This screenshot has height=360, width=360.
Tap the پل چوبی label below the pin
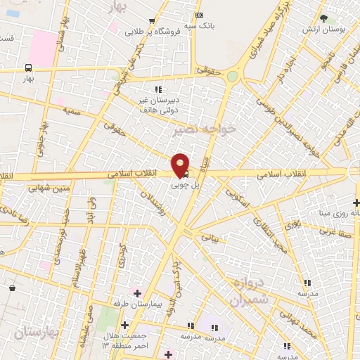click(x=186, y=186)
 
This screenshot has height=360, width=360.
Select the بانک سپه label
click(x=200, y=26)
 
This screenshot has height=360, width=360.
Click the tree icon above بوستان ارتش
click(x=323, y=18)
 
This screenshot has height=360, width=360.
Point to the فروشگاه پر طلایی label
click(x=150, y=32)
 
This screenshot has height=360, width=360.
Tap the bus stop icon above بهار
click(x=28, y=68)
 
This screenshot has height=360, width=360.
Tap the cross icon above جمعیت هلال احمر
click(x=125, y=325)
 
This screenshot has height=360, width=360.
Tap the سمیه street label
click(x=71, y=110)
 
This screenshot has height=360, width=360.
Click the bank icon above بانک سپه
click(x=200, y=15)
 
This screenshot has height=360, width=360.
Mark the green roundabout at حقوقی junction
click(x=233, y=76)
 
